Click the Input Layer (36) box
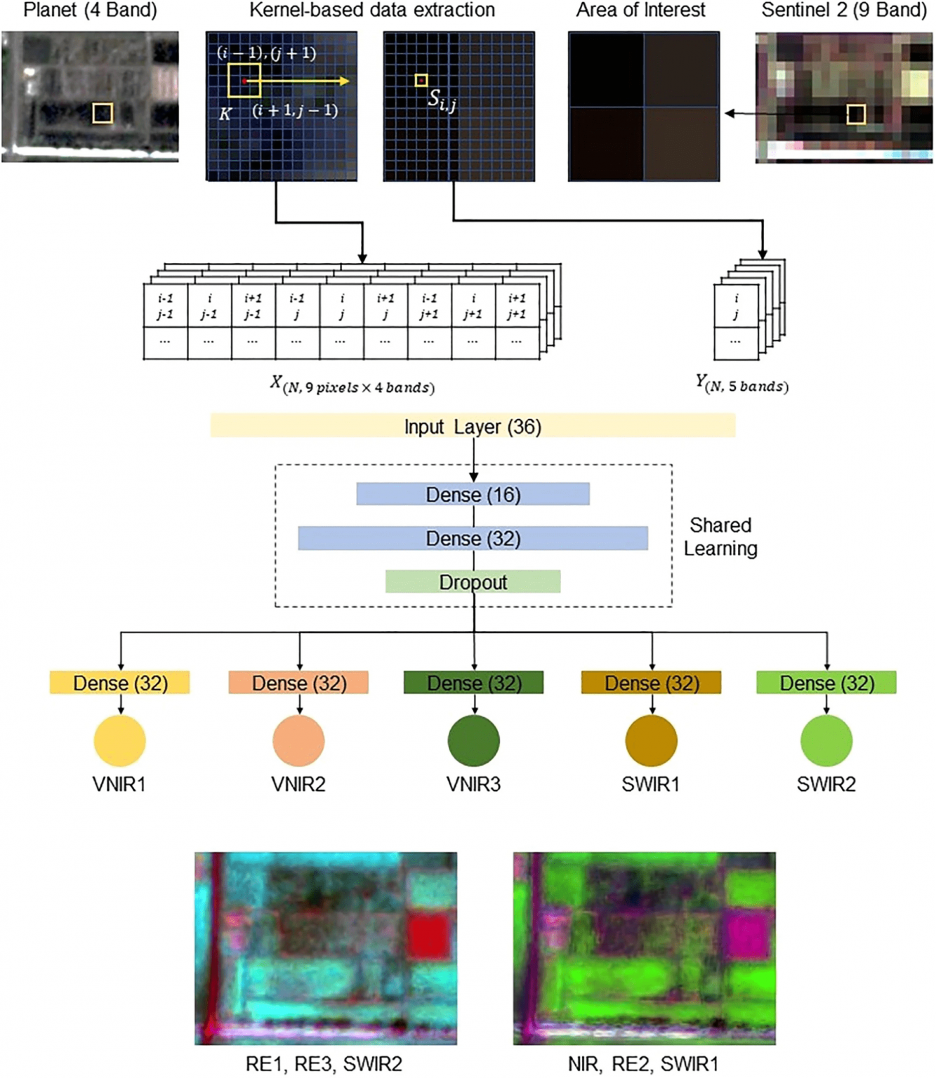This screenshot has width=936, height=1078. tap(473, 426)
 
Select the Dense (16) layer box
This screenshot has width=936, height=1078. tap(473, 494)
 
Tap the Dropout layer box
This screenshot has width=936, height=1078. tap(473, 582)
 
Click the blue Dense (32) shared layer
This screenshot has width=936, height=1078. tap(473, 538)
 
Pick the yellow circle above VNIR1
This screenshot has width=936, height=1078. tap(119, 740)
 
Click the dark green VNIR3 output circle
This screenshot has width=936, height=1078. tap(474, 740)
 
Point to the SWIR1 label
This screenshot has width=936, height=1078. tap(651, 785)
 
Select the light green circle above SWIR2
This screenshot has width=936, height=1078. tap(826, 740)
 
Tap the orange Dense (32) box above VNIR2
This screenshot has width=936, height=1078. tap(298, 683)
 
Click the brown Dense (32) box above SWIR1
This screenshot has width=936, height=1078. tap(651, 683)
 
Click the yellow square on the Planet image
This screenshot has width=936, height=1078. tap(103, 113)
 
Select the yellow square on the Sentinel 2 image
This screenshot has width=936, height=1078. tap(857, 114)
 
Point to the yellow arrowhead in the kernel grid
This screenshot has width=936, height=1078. tap(344, 81)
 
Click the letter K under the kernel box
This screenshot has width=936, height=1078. tap(225, 113)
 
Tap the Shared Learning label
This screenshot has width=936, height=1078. tap(720, 537)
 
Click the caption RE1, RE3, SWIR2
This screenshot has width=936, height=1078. tap(324, 1064)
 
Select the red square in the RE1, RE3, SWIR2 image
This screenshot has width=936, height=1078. tap(430, 936)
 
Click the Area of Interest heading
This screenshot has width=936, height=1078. tap(641, 10)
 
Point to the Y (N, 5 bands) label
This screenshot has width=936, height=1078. tap(742, 384)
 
